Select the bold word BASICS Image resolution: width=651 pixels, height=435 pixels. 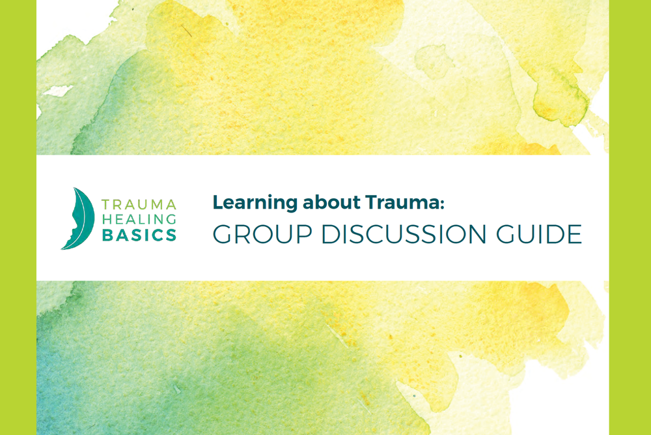pyautogui.click(x=139, y=235)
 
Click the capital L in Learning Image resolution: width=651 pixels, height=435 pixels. pyautogui.click(x=217, y=203)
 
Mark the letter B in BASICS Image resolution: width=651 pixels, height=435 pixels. pyautogui.click(x=106, y=235)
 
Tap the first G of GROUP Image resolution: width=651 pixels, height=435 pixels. pyautogui.click(x=223, y=234)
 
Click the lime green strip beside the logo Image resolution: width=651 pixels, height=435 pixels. pyautogui.click(x=18, y=218)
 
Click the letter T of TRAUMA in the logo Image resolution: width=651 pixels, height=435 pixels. pyautogui.click(x=106, y=205)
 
